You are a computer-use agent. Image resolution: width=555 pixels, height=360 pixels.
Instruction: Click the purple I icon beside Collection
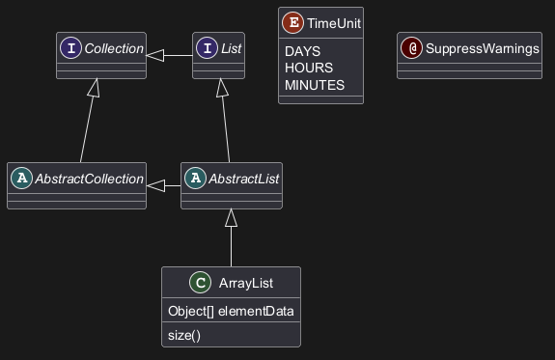pos(70,48)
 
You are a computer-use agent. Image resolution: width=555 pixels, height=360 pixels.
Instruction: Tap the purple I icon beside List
pos(208,48)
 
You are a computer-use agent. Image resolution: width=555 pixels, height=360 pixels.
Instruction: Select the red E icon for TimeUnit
pos(292,22)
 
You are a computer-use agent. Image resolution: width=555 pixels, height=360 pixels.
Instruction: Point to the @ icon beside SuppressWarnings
pos(411,48)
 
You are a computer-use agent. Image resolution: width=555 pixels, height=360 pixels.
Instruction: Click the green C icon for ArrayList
pos(201,283)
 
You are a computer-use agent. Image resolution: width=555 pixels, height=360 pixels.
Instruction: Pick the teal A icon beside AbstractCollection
pos(21,178)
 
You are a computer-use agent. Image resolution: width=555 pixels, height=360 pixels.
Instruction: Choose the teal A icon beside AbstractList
pos(195,178)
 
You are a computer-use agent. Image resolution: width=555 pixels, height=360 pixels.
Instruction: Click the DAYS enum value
pos(303,51)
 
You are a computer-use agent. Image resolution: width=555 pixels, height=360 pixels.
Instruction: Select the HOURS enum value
pos(309,68)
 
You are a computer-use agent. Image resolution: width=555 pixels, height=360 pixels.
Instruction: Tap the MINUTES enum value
pos(315,85)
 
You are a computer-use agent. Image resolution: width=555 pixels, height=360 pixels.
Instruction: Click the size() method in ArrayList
pos(184,335)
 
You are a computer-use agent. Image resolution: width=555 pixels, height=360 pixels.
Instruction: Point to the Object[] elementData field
pos(231,311)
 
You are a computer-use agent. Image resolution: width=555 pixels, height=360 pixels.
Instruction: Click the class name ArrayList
pos(246,283)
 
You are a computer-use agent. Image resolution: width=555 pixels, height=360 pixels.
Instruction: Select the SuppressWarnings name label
pos(483,48)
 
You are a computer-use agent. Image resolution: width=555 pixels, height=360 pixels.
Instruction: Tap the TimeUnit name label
pos(334,23)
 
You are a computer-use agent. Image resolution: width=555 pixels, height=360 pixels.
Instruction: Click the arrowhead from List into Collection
pos(154,55)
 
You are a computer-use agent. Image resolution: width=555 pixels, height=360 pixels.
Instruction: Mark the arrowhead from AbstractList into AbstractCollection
pos(155,185)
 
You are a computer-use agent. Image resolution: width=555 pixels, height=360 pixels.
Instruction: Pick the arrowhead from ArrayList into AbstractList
pos(231,218)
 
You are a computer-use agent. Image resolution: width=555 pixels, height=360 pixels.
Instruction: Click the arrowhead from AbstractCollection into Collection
pos(95,88)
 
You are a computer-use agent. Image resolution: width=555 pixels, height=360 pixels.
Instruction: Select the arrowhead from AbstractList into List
pos(222,88)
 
